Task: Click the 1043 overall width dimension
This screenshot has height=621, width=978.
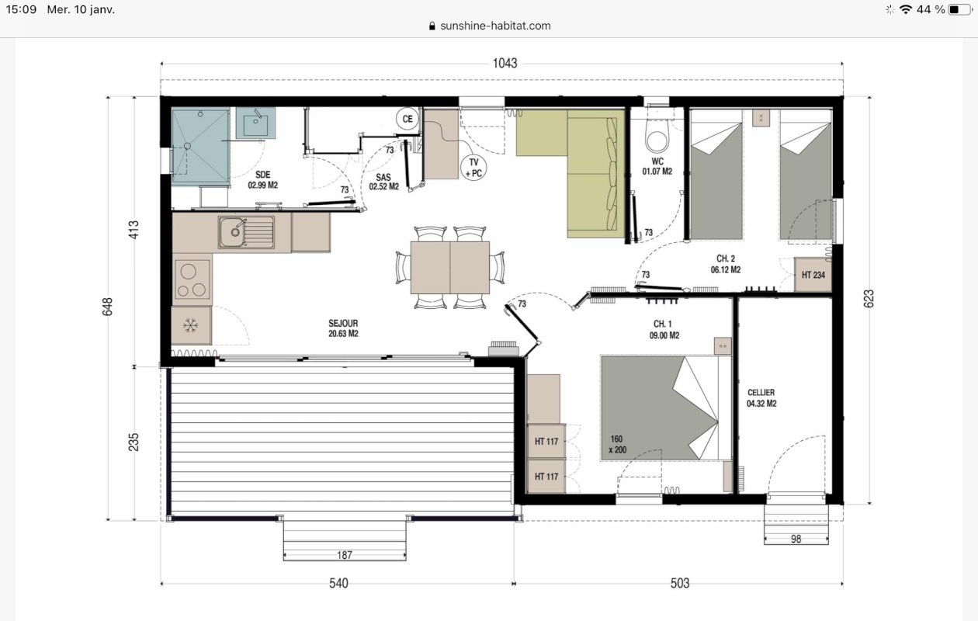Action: click(505, 64)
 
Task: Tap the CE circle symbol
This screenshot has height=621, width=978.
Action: click(407, 119)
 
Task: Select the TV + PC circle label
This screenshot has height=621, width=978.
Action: click(473, 168)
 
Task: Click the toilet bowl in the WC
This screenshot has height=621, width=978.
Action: click(657, 137)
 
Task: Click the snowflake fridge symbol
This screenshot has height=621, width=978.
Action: click(190, 325)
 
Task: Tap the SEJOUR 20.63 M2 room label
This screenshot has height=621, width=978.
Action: click(343, 328)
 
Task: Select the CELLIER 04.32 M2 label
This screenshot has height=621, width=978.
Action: click(761, 398)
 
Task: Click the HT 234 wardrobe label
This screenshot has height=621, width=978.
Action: click(813, 275)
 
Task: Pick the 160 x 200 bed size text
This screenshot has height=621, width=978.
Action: click(617, 444)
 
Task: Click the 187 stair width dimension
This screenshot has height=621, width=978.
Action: click(345, 555)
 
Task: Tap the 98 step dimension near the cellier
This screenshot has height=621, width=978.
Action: click(796, 539)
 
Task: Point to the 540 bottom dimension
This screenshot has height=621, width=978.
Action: click(338, 584)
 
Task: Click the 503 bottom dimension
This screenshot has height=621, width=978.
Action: click(680, 584)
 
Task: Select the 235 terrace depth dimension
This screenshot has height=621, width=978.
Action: click(134, 442)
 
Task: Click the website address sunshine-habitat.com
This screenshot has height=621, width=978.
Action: click(495, 26)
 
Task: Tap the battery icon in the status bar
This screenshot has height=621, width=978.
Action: click(959, 9)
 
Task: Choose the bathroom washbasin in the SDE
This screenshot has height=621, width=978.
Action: click(256, 123)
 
